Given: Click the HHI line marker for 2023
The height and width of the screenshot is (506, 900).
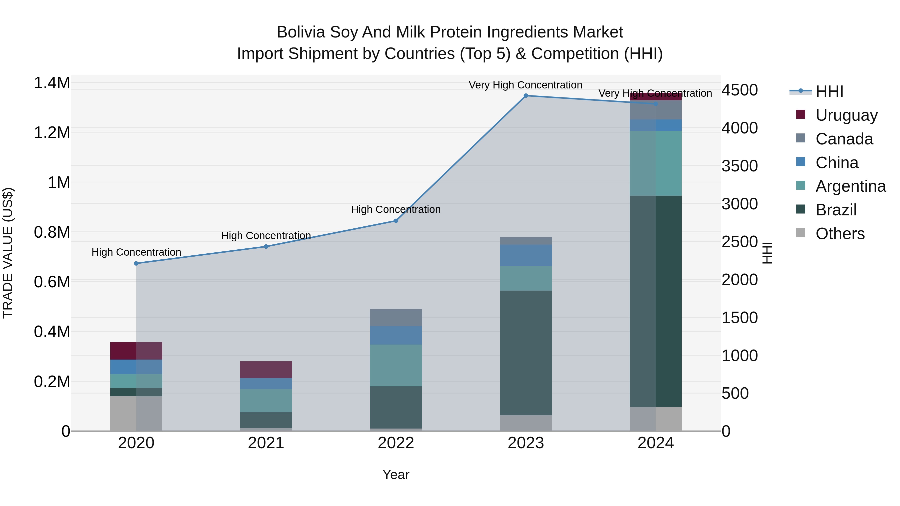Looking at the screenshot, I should tap(526, 96).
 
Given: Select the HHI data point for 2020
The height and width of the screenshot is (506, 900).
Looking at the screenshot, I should tap(136, 264).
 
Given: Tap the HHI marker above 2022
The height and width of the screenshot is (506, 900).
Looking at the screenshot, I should tap(396, 221).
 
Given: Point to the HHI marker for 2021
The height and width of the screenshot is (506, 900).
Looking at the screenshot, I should tap(266, 247).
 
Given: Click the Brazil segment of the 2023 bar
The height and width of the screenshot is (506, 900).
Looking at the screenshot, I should tap(526, 353).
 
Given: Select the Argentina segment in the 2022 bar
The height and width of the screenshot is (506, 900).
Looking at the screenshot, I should tap(396, 365).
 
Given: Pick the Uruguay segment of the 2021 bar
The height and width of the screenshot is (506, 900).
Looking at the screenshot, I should tap(266, 370).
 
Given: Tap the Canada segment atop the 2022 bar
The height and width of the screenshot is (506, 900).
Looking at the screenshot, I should tap(396, 317).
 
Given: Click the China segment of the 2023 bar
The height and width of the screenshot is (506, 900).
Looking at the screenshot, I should tap(526, 255).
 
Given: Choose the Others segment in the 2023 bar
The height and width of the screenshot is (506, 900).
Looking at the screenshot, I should tap(526, 423).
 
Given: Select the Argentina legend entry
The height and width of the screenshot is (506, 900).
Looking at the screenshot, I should tap(850, 186).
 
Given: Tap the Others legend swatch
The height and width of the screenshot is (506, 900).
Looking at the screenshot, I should tap(801, 233).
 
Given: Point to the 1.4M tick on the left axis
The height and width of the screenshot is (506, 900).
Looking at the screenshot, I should tap(52, 83).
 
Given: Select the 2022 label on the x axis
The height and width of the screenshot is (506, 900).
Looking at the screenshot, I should tap(396, 443).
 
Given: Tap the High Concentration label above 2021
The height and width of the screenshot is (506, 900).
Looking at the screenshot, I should tap(266, 236).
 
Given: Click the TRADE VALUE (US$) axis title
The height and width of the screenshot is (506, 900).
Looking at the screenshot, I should tap(8, 253).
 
